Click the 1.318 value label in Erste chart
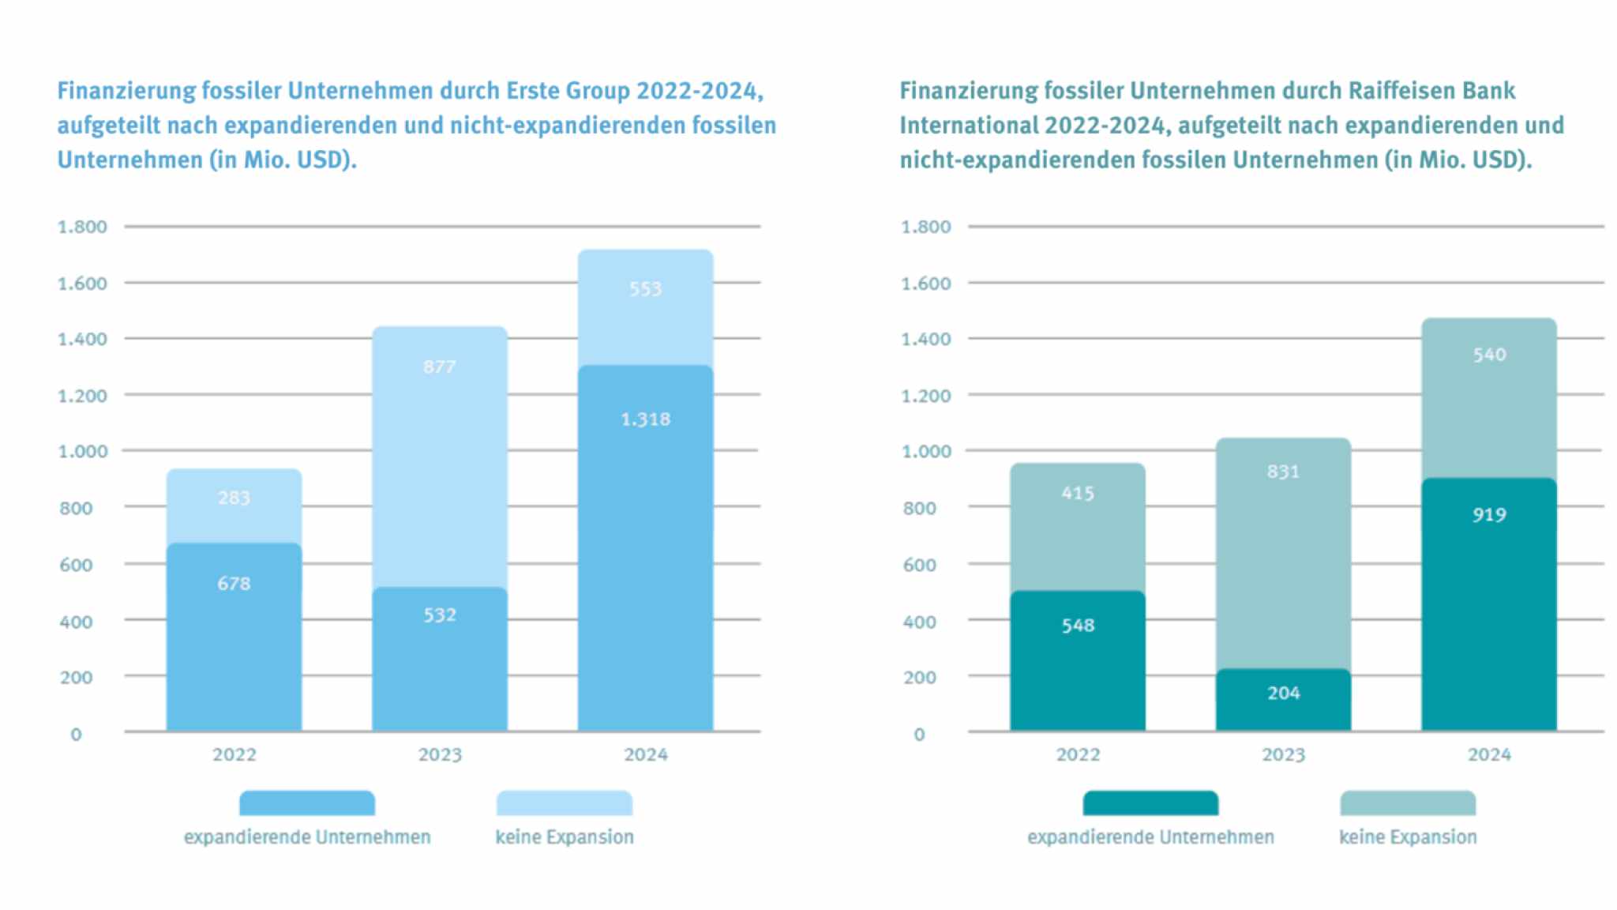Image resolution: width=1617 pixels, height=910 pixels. pyautogui.click(x=645, y=419)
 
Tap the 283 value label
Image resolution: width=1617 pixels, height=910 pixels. pyautogui.click(x=234, y=498)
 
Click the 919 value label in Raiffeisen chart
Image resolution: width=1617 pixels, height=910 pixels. pyautogui.click(x=1488, y=515)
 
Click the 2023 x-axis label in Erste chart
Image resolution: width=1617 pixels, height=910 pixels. pyautogui.click(x=440, y=754)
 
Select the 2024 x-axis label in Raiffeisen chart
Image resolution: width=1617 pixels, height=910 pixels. pyautogui.click(x=1488, y=754)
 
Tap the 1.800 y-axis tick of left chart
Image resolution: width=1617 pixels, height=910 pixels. pyautogui.click(x=82, y=227)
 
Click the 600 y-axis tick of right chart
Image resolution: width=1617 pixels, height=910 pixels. pyautogui.click(x=919, y=565)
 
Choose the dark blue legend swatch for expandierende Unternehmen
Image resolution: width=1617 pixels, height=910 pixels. pyautogui.click(x=307, y=803)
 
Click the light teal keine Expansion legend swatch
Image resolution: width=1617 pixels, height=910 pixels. pyautogui.click(x=1408, y=803)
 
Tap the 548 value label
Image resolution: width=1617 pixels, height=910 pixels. pyautogui.click(x=1078, y=626)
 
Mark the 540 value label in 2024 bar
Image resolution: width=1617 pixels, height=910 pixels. pyautogui.click(x=1488, y=355)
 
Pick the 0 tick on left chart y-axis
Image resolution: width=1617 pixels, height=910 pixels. pyautogui.click(x=76, y=735)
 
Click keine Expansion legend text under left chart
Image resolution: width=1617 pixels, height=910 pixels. pyautogui.click(x=564, y=837)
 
